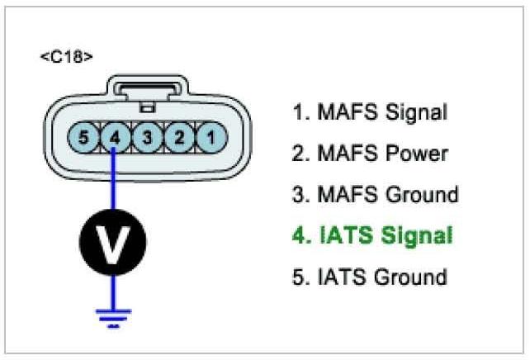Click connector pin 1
coord(212,136)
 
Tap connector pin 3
coord(147,136)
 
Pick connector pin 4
coord(115,136)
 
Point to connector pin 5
coord(82,136)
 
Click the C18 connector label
coord(66,57)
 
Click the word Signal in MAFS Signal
coord(416,112)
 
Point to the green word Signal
coord(417,235)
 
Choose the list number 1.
coord(298,112)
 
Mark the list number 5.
coord(299,277)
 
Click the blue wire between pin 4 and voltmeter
coord(113,185)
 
